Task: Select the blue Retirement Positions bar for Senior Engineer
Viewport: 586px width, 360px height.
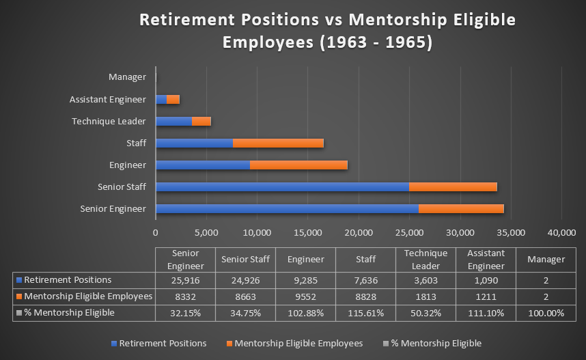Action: click(x=287, y=209)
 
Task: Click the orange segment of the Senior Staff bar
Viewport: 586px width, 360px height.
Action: click(x=453, y=187)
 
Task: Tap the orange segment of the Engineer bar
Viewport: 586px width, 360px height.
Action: click(x=298, y=165)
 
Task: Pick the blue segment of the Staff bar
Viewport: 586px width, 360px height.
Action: click(x=194, y=143)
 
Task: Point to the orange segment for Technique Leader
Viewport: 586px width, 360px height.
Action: click(x=201, y=122)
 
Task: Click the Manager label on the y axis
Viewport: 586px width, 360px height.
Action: click(x=127, y=78)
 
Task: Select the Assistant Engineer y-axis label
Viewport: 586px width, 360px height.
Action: click(x=108, y=100)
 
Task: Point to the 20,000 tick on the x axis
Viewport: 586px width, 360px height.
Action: click(x=359, y=233)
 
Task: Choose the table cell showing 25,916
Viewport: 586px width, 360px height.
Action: click(x=185, y=280)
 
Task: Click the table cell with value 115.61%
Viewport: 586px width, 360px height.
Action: click(x=365, y=313)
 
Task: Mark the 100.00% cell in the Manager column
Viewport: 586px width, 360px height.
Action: click(x=546, y=313)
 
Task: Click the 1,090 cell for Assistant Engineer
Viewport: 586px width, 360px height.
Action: click(x=486, y=280)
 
